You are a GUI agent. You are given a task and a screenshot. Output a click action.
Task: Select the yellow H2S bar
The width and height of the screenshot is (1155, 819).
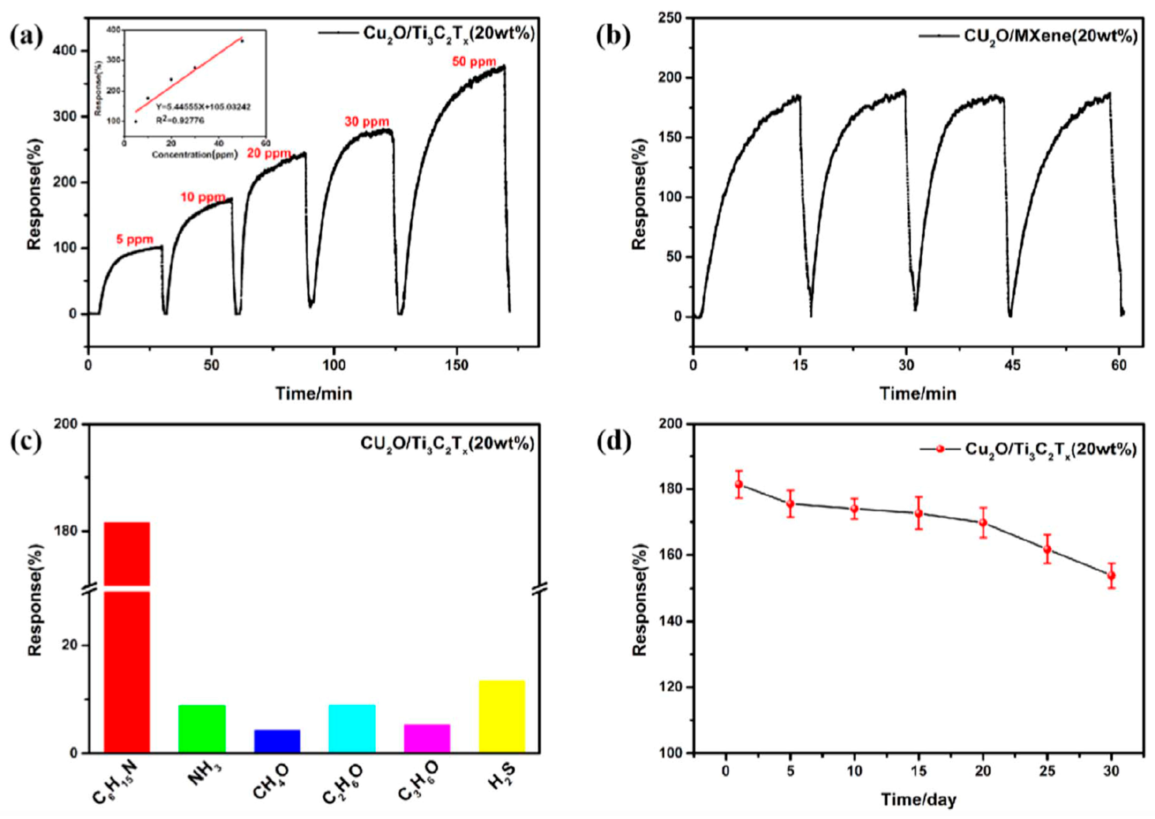click(502, 716)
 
